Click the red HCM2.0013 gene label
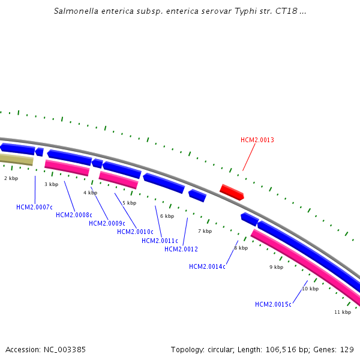(x=257, y=140)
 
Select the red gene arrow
(x=232, y=192)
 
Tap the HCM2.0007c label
(x=34, y=207)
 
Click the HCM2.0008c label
(x=74, y=215)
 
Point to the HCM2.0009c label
(x=107, y=223)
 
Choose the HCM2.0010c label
(x=135, y=232)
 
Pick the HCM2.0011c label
(x=160, y=241)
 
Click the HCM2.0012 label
(x=181, y=249)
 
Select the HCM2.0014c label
(x=207, y=266)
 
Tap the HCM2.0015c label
(x=273, y=304)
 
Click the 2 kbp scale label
(x=11, y=178)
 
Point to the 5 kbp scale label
(x=129, y=203)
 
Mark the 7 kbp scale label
(x=205, y=231)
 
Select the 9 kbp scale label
(x=276, y=267)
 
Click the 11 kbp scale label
(x=342, y=312)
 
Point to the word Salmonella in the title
(x=76, y=11)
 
